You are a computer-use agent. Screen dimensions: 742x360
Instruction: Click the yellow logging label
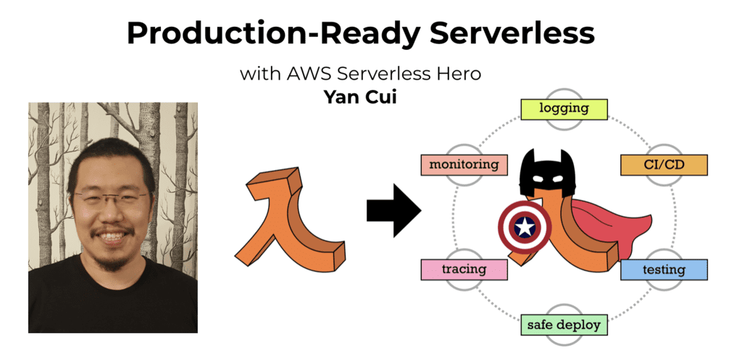564,109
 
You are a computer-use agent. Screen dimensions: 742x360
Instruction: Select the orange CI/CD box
664,165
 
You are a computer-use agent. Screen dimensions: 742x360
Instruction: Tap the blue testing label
664,269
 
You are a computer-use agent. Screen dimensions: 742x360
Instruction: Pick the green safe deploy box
564,325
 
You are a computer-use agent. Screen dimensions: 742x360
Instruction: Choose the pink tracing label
464,269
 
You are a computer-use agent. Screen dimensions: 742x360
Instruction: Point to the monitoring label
464,165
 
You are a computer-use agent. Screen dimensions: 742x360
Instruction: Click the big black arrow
393,211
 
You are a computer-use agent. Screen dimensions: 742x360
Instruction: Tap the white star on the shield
525,227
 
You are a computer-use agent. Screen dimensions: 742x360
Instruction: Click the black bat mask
548,174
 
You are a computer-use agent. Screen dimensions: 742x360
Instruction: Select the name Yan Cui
360,96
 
